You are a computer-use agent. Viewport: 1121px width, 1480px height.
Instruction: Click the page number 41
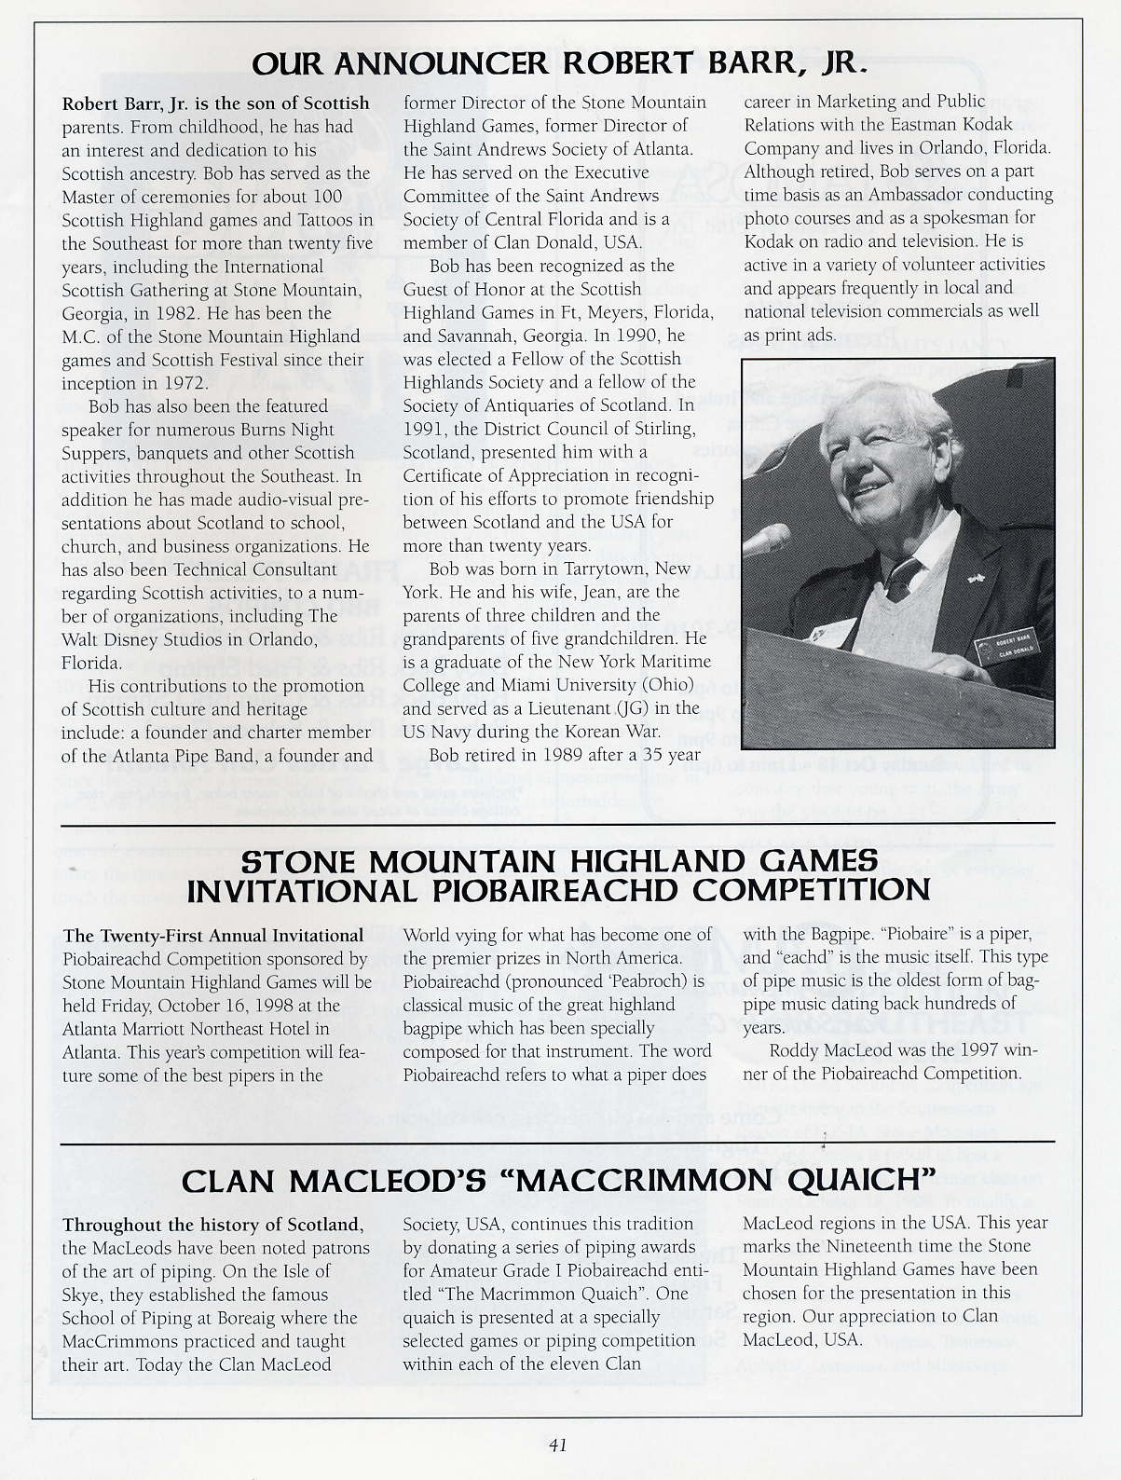click(x=558, y=1446)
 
